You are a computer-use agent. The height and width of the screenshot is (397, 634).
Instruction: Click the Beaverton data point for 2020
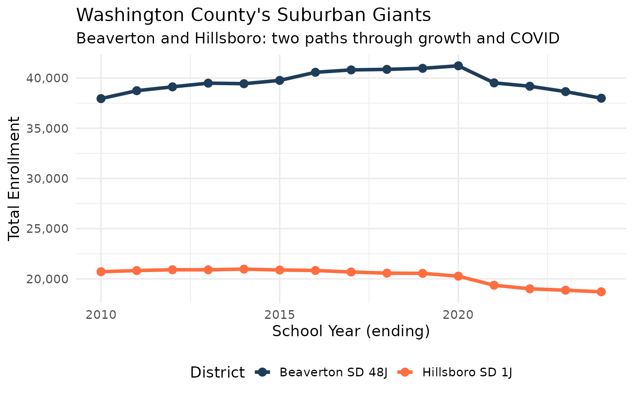pyautogui.click(x=458, y=66)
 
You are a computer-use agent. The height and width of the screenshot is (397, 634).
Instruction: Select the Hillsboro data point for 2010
pyautogui.click(x=101, y=272)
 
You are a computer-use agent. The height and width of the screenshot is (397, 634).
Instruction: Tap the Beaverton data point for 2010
pyautogui.click(x=101, y=98)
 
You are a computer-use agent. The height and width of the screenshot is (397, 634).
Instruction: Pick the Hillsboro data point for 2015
pyautogui.click(x=279, y=270)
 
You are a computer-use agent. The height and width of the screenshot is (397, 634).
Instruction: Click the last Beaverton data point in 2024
pyautogui.click(x=601, y=98)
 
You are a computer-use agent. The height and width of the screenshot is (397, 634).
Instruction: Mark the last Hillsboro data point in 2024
pyautogui.click(x=601, y=292)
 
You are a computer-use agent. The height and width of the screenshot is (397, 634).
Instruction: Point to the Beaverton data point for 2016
pyautogui.click(x=315, y=72)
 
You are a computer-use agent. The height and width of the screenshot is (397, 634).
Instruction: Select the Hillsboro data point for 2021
pyautogui.click(x=494, y=285)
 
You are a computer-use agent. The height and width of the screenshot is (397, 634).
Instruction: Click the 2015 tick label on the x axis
pyautogui.click(x=279, y=315)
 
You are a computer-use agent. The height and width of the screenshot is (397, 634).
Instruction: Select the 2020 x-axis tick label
pyautogui.click(x=458, y=315)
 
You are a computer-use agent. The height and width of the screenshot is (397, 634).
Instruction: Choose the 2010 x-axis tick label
pyautogui.click(x=101, y=315)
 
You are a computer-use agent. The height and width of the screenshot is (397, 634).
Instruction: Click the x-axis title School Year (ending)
pyautogui.click(x=351, y=332)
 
